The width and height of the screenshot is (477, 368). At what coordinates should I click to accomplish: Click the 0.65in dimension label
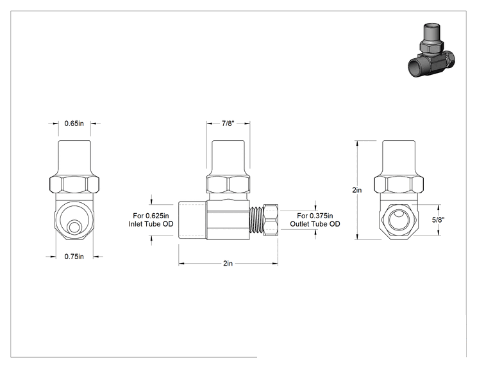point(74,124)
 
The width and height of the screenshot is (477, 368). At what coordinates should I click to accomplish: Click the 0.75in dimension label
point(74,257)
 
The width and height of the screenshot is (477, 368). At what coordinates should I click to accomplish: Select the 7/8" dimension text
point(228,124)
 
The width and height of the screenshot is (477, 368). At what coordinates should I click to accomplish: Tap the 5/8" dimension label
point(439,220)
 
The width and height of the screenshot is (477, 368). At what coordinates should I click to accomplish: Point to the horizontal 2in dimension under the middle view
point(228,263)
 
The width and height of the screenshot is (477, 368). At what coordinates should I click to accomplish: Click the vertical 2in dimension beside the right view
point(357,190)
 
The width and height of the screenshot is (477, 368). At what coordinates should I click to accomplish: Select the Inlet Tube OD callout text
point(151,220)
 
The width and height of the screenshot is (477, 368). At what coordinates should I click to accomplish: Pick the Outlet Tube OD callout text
point(315,220)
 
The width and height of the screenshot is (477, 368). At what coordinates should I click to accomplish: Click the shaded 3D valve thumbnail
point(431,50)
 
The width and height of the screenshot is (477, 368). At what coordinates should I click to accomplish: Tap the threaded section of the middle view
point(256,220)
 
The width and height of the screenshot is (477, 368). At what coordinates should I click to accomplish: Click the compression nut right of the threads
point(270,220)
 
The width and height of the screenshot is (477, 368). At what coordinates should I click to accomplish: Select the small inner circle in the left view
point(74,227)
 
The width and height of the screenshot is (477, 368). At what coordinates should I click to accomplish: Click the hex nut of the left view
point(74,185)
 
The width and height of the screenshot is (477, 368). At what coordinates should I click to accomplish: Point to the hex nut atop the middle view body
point(228,184)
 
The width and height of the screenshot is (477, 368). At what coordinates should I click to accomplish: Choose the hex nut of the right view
point(399,185)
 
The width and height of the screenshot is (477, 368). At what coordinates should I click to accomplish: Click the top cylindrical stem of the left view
point(74,158)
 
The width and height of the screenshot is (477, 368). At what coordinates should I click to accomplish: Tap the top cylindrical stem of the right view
point(399,158)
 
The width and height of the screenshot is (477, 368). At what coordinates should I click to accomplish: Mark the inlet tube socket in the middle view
point(192,220)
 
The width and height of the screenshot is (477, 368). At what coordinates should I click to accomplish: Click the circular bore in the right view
point(399,220)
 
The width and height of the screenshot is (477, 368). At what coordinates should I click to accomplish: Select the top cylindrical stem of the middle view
point(228,158)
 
